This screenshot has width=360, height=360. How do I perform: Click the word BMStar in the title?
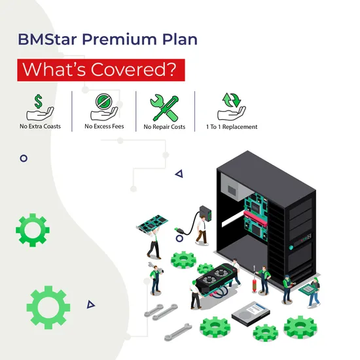tap(47, 39)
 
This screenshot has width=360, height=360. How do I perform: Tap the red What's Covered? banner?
tap(101, 70)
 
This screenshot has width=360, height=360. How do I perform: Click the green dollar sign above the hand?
tap(39, 101)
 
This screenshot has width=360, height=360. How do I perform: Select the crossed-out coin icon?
tap(104, 101)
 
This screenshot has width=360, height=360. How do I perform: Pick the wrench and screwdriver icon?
tap(164, 108)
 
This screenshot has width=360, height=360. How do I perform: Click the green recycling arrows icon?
tap(232, 100)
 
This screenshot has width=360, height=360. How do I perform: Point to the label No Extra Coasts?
tap(40, 126)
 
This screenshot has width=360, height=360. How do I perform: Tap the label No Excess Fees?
tap(104, 126)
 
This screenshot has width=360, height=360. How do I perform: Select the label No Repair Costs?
tap(164, 127)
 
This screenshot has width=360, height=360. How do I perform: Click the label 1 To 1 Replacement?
tap(232, 127)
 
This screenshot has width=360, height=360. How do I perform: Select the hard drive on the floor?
tap(251, 314)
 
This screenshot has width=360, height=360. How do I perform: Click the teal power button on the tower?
tap(291, 247)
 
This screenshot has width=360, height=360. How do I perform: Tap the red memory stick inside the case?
tap(255, 218)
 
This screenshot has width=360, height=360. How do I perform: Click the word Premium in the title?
tap(119, 39)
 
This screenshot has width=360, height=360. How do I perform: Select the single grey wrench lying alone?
tap(178, 332)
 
